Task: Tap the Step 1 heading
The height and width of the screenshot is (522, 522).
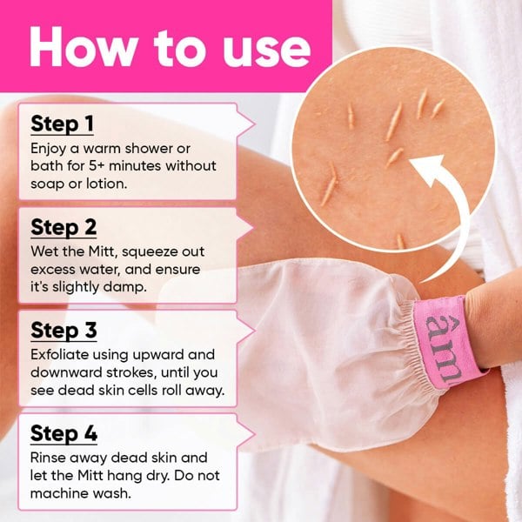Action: (x=62, y=124)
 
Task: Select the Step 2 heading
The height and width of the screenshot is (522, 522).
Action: (x=64, y=227)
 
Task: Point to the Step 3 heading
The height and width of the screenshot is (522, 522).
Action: (x=64, y=331)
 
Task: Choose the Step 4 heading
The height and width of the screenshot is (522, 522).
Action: (x=64, y=433)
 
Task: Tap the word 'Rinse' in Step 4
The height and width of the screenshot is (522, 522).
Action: (x=49, y=458)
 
